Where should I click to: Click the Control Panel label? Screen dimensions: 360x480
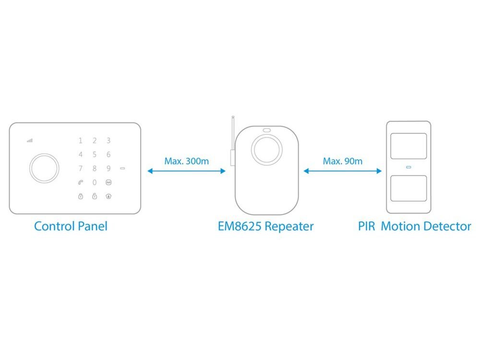pyautogui.click(x=71, y=226)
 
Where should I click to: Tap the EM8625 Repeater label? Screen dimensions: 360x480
pyautogui.click(x=265, y=226)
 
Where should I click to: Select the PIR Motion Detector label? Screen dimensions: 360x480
pyautogui.click(x=414, y=226)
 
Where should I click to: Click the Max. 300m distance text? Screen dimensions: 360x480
pyautogui.click(x=186, y=161)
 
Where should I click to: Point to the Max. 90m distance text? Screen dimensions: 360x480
pyautogui.click(x=342, y=161)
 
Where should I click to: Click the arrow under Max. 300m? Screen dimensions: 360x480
pyautogui.click(x=186, y=171)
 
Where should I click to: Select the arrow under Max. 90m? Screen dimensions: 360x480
pyautogui.click(x=342, y=171)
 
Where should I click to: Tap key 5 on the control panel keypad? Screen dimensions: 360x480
pyautogui.click(x=95, y=155)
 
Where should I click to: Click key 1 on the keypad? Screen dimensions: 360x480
pyautogui.click(x=80, y=141)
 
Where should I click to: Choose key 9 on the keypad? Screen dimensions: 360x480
pyautogui.click(x=109, y=168)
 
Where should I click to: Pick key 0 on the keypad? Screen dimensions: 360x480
pyautogui.click(x=95, y=182)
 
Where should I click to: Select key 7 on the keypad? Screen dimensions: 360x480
pyautogui.click(x=80, y=168)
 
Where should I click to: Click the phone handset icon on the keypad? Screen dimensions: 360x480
pyautogui.click(x=80, y=182)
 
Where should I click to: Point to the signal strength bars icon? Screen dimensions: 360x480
pyautogui.click(x=30, y=141)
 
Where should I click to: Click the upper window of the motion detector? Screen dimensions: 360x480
pyautogui.click(x=408, y=146)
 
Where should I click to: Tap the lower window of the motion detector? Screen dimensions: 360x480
pyautogui.click(x=408, y=188)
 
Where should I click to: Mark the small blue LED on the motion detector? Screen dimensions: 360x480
pyautogui.click(x=408, y=167)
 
